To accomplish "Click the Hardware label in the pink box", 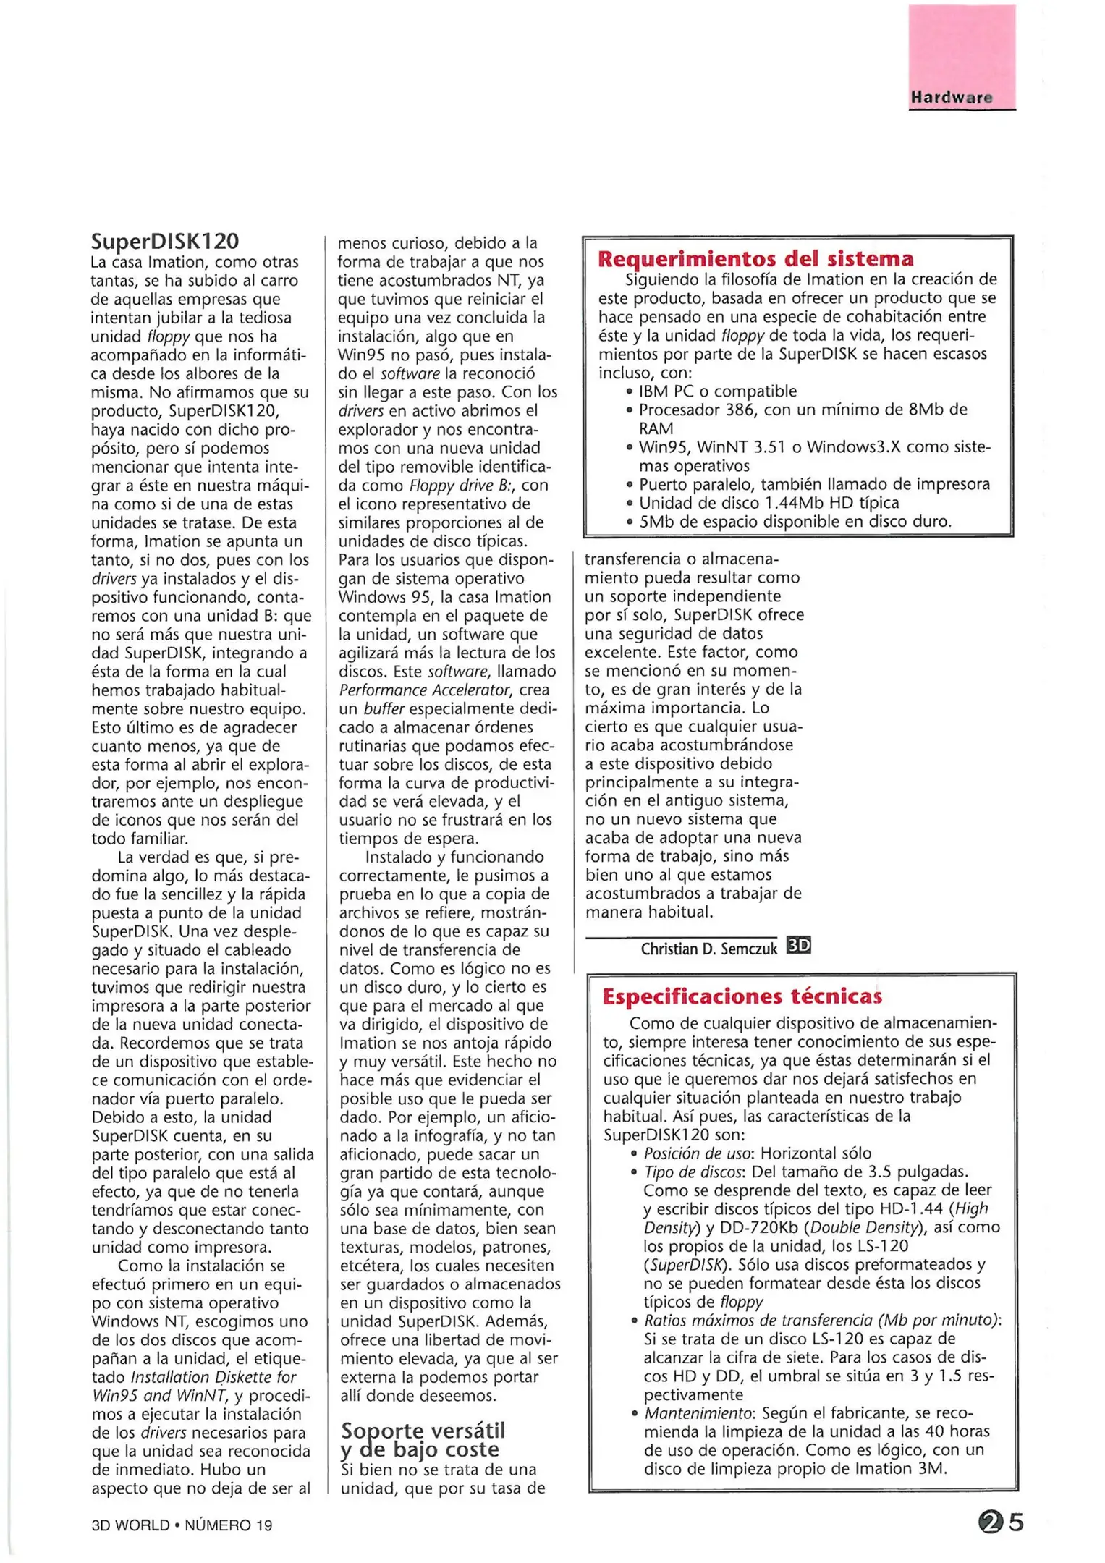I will click(951, 98).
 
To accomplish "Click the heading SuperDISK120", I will click(164, 241).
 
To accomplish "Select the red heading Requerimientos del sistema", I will click(755, 258).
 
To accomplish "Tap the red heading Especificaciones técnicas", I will click(742, 996).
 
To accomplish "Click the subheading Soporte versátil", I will click(423, 1431).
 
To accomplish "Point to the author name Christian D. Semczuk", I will click(708, 948).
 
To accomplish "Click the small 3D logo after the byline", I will click(798, 946).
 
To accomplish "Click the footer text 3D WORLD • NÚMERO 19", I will click(182, 1525).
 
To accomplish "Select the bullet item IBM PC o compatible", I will click(716, 391).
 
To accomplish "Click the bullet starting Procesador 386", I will click(802, 410).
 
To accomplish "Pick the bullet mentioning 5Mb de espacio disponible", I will click(795, 521).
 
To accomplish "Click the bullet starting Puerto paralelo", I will click(813, 484).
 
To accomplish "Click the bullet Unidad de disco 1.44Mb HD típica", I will click(769, 503).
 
